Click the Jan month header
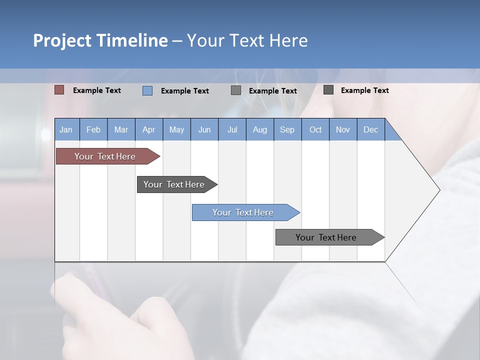coord(66,129)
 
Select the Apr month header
coord(148,129)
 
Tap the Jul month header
coord(232,129)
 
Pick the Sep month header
coord(287,129)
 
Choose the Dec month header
coord(370,129)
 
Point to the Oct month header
coord(315,129)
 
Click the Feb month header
coord(93,129)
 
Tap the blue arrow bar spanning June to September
coord(243,212)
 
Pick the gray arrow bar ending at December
coord(326,237)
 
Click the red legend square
coord(59,90)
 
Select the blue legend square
coord(147,90)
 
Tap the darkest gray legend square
coord(328,90)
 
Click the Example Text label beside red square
coord(97,90)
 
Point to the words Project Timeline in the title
coord(100,40)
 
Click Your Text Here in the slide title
coord(247,40)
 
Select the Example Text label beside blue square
coord(185,91)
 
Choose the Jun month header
coord(204,129)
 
